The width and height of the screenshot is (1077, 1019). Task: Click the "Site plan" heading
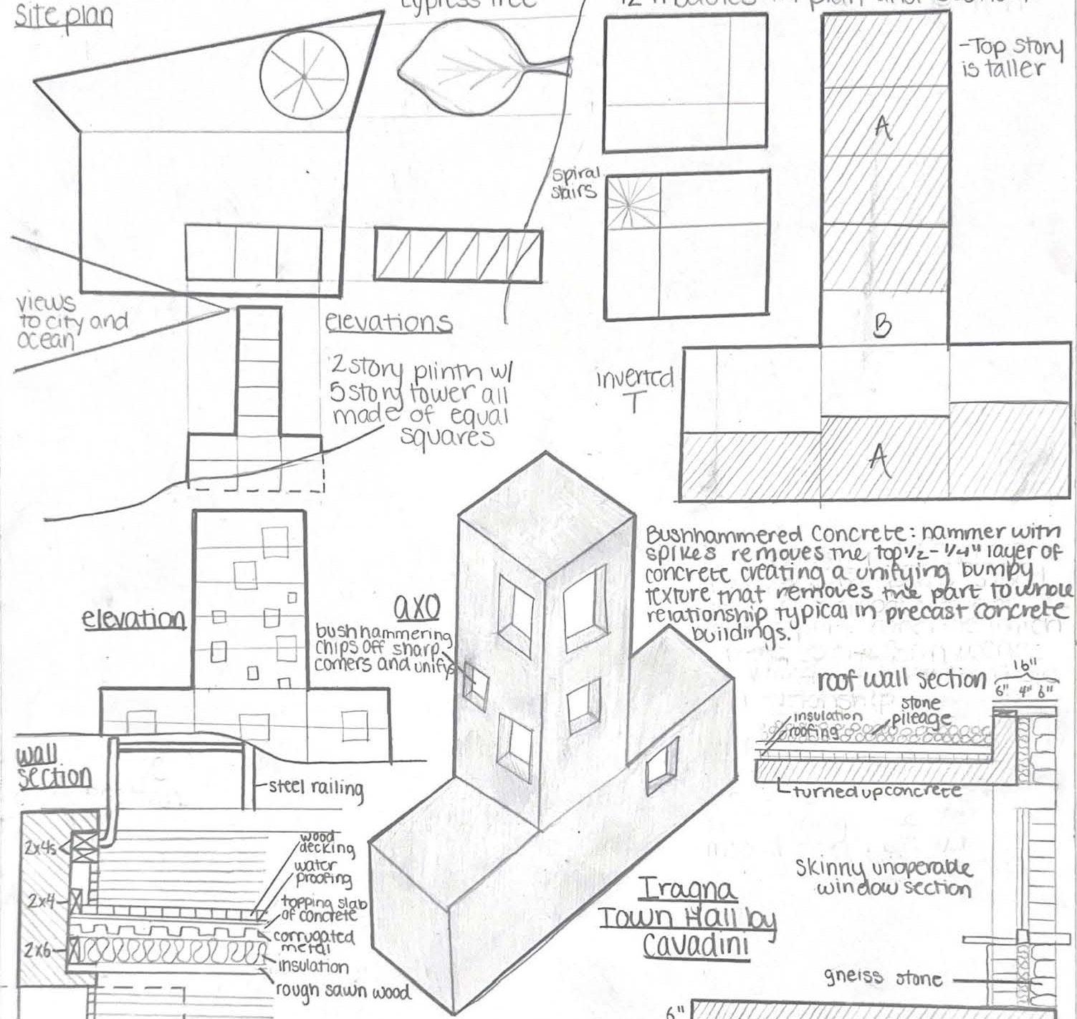[64, 16]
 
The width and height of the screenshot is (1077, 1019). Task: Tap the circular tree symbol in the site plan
[302, 76]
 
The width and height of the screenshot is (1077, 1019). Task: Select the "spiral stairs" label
[575, 183]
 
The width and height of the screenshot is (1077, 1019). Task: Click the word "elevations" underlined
[389, 322]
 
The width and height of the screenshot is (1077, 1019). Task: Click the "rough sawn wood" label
[343, 991]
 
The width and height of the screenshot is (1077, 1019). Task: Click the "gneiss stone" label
[882, 977]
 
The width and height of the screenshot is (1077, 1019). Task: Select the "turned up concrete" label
[877, 791]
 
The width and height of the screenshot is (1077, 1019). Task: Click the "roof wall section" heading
[901, 680]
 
